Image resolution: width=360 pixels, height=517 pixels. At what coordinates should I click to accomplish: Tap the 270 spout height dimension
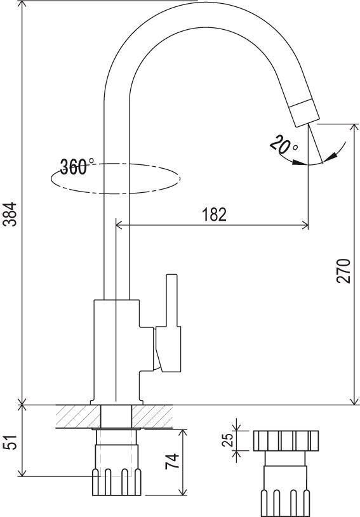pyautogui.click(x=343, y=271)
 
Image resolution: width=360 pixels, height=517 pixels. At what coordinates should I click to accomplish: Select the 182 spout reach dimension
pyautogui.click(x=214, y=214)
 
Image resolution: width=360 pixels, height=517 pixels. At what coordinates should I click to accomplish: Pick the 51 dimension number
pyautogui.click(x=10, y=442)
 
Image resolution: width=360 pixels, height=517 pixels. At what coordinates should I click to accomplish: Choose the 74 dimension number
pyautogui.click(x=172, y=461)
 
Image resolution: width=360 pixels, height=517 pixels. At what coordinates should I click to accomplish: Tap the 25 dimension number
pyautogui.click(x=227, y=440)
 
